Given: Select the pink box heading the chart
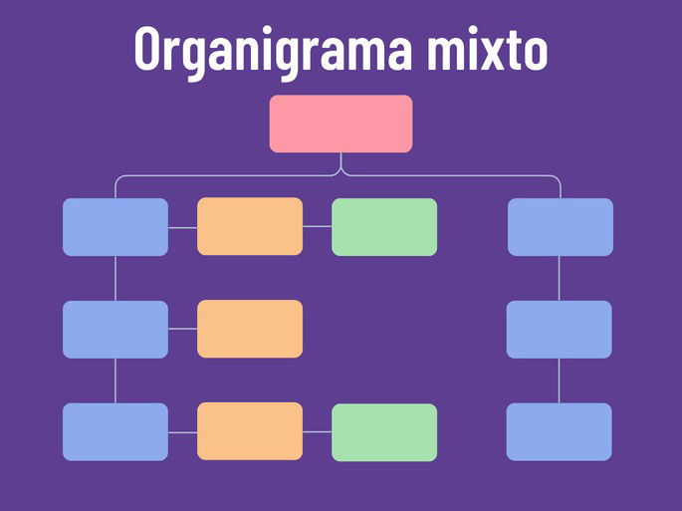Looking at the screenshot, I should pyautogui.click(x=341, y=124).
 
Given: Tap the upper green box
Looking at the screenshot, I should pyautogui.click(x=383, y=226).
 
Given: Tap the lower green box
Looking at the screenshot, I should pyautogui.click(x=383, y=431).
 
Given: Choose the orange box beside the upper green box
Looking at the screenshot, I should pyautogui.click(x=249, y=226).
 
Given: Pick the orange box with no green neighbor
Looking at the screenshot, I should pyautogui.click(x=249, y=329).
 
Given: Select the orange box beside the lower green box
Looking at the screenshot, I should pyautogui.click(x=249, y=431).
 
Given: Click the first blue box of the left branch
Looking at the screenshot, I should pyautogui.click(x=115, y=226).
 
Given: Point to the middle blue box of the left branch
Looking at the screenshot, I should pyautogui.click(x=115, y=329).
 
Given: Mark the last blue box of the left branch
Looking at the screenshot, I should pyautogui.click(x=115, y=431).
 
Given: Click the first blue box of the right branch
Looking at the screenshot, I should pyautogui.click(x=560, y=226).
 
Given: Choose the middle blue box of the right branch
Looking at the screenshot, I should pyautogui.click(x=559, y=329).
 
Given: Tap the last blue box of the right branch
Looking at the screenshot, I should pyautogui.click(x=559, y=431).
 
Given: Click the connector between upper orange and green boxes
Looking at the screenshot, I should pyautogui.click(x=317, y=226).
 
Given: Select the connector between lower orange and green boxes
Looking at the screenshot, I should pyautogui.click(x=317, y=431).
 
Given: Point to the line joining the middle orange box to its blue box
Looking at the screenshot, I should pyautogui.click(x=182, y=329).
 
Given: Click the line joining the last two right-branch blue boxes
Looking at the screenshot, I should pyautogui.click(x=559, y=381).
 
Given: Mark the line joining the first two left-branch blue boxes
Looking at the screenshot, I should pyautogui.click(x=115, y=278).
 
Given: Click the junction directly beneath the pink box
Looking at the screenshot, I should pyautogui.click(x=341, y=171).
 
